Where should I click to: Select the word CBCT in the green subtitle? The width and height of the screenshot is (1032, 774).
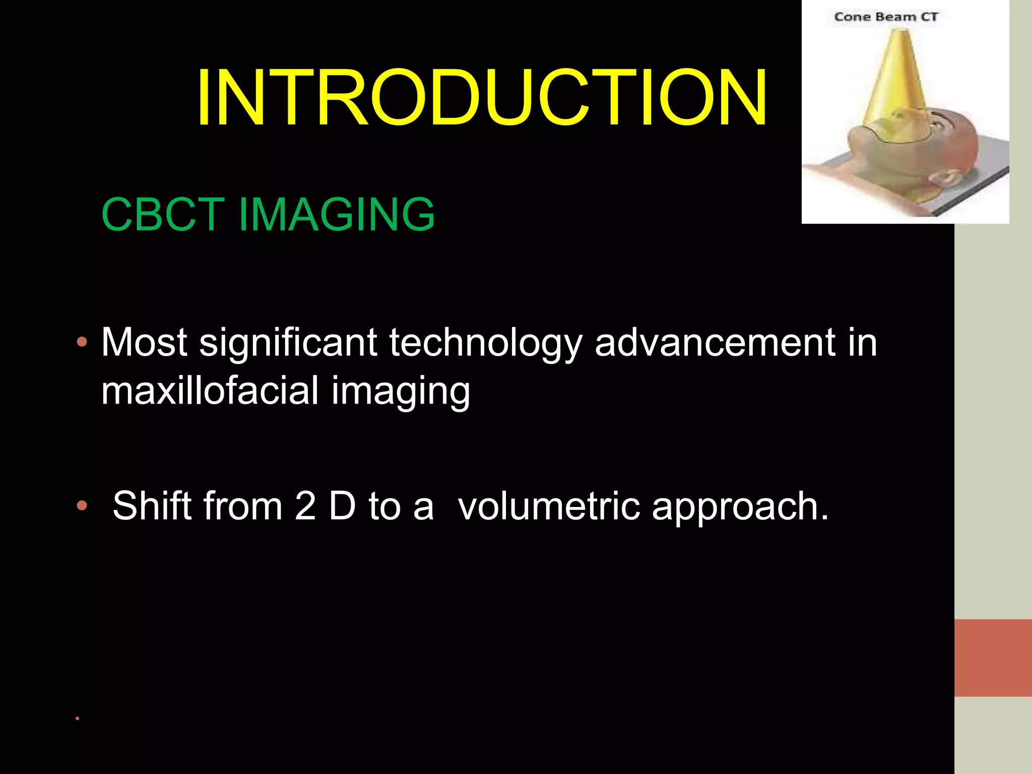162,215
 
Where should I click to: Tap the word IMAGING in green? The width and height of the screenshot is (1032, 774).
336,215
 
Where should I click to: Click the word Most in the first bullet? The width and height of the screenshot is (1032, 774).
144,343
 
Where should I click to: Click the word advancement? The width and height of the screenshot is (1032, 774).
715,343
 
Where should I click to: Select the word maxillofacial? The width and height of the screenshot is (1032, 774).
210,391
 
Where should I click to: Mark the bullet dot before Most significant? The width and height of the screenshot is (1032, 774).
82,343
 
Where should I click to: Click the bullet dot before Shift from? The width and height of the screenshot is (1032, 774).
82,505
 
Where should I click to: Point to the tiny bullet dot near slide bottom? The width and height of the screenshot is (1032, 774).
77,718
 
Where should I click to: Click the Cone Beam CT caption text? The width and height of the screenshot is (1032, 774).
885,17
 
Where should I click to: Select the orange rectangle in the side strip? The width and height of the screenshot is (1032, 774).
993,658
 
